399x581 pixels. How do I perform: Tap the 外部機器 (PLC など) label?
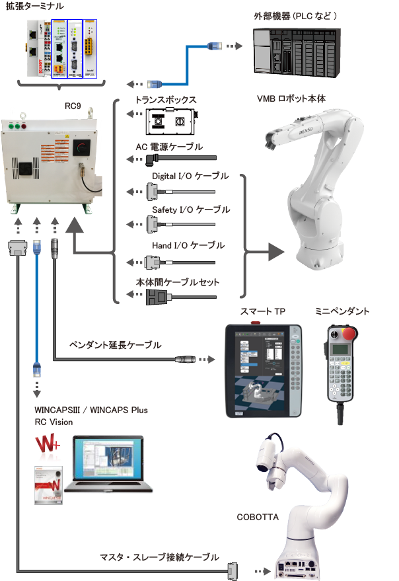click(305, 15)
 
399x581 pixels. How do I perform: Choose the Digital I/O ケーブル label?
click(190, 176)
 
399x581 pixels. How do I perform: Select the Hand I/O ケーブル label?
click(188, 245)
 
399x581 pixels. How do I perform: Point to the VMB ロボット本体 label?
click(291, 99)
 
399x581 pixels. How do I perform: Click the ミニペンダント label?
click(342, 311)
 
